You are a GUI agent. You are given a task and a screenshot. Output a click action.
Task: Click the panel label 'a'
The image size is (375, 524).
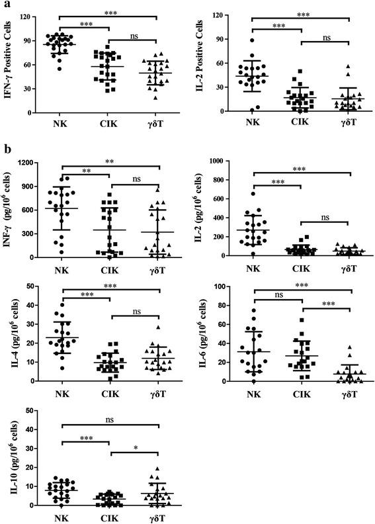[x=5, y=5]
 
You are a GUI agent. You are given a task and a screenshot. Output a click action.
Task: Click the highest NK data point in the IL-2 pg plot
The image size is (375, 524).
[x=251, y=193]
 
